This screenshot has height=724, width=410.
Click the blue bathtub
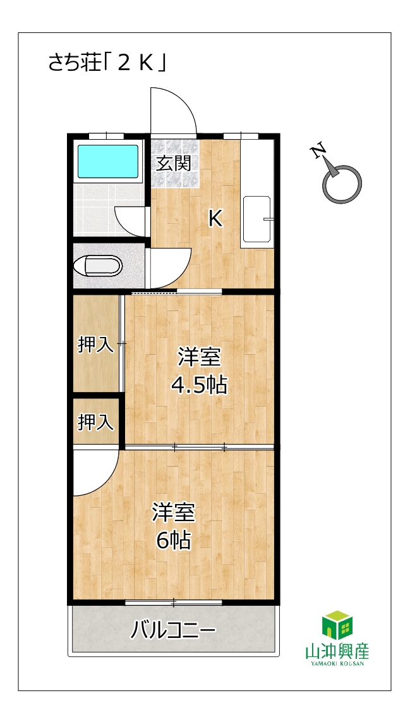click(x=107, y=162)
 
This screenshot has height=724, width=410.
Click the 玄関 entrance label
click(x=173, y=164)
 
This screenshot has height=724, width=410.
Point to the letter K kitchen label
click(x=215, y=219)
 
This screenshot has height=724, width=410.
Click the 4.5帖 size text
click(x=199, y=384)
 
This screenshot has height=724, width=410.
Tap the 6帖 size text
click(x=173, y=540)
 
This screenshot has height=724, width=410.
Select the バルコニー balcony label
click(x=173, y=629)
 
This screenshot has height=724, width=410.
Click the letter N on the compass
click(x=318, y=151)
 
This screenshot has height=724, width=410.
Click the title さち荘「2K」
click(x=107, y=63)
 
